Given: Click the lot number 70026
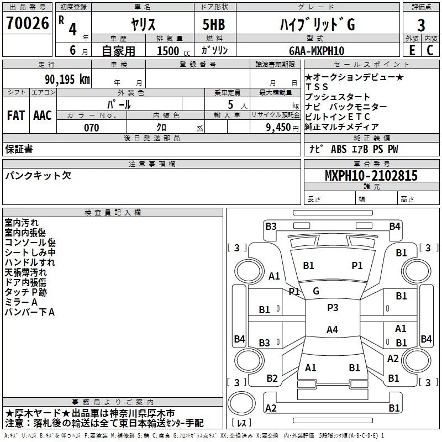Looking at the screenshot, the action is (28, 23).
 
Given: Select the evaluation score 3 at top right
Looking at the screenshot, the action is (421, 25).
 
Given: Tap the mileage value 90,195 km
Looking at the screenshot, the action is (67, 80).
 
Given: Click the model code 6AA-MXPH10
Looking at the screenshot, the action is (317, 51).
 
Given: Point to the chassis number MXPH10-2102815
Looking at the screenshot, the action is (371, 175).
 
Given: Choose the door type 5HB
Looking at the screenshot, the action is (214, 24).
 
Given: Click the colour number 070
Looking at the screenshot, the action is (92, 128).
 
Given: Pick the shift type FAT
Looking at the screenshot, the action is (16, 115).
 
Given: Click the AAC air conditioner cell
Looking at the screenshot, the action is (43, 115).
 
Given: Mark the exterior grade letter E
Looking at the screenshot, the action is (412, 50).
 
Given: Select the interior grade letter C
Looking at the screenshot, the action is (430, 50).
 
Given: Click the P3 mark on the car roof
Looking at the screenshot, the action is (333, 307).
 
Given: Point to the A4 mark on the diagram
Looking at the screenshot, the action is (332, 329).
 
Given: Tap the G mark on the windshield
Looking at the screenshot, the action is (316, 291).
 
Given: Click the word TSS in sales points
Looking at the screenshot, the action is (317, 87).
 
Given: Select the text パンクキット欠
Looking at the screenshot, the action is (38, 175).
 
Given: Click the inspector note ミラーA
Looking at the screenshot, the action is (21, 302).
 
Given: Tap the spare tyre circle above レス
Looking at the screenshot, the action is (241, 403).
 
